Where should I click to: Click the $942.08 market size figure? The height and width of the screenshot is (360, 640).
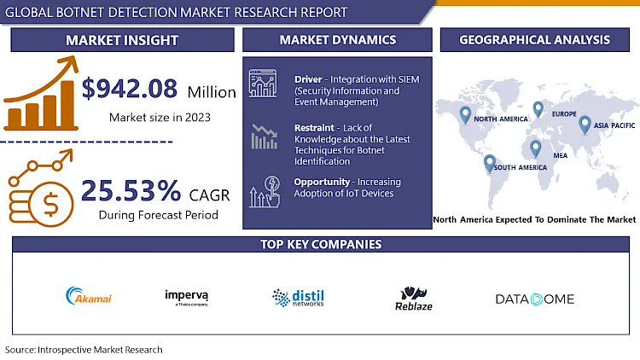tap(131, 88)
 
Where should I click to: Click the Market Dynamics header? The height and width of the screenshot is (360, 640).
tap(337, 40)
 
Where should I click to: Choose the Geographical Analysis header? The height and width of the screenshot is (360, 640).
tap(534, 40)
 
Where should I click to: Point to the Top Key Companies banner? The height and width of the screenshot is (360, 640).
tap(320, 245)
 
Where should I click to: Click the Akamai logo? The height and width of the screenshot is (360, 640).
tap(89, 298)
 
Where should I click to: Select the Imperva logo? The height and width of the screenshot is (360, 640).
tap(187, 297)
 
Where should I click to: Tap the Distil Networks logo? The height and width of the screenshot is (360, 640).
tap(298, 297)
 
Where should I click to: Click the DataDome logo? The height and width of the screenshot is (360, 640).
tap(535, 299)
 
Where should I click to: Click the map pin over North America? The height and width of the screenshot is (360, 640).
tap(465, 113)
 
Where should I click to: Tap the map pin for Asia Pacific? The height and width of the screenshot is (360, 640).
tap(585, 125)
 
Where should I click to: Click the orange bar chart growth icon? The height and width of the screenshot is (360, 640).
tap(38, 96)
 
